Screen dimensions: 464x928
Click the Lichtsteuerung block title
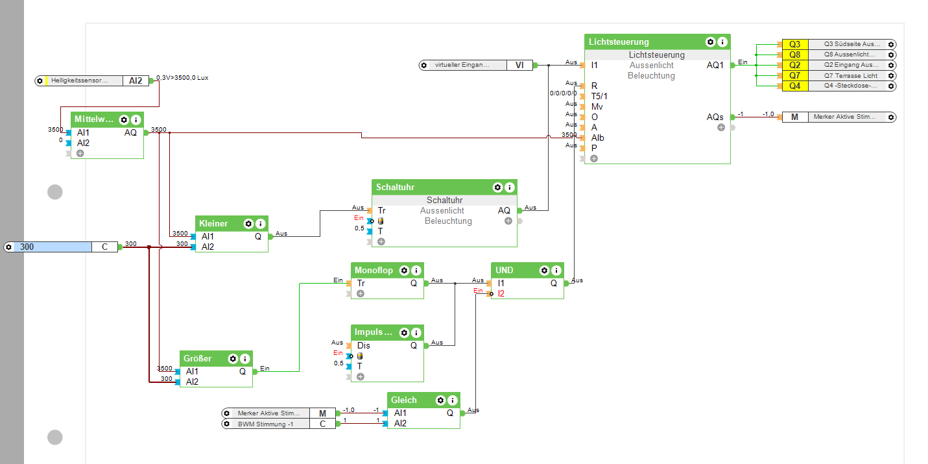click(619, 42)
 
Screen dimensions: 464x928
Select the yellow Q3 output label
click(794, 44)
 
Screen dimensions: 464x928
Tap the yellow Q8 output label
click(794, 55)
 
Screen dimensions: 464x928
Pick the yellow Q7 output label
click(794, 75)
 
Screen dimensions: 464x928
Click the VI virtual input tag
click(519, 65)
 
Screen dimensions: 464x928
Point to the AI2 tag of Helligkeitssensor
click(136, 80)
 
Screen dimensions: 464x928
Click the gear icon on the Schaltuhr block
click(497, 188)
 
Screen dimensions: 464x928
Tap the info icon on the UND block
click(556, 271)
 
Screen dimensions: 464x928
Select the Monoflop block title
click(374, 271)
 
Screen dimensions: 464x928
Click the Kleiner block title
click(213, 224)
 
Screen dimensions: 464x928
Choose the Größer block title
click(198, 359)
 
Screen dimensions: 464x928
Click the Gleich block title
click(404, 400)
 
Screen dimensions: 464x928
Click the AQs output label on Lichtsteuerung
click(715, 117)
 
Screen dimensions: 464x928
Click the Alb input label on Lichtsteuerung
click(597, 138)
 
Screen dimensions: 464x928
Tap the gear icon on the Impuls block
click(404, 333)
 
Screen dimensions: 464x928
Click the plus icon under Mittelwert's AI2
click(80, 153)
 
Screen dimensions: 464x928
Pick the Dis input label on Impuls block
click(363, 345)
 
